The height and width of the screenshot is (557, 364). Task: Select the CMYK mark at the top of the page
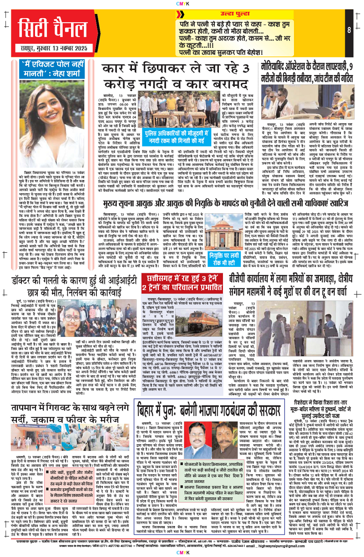point(182,3)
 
